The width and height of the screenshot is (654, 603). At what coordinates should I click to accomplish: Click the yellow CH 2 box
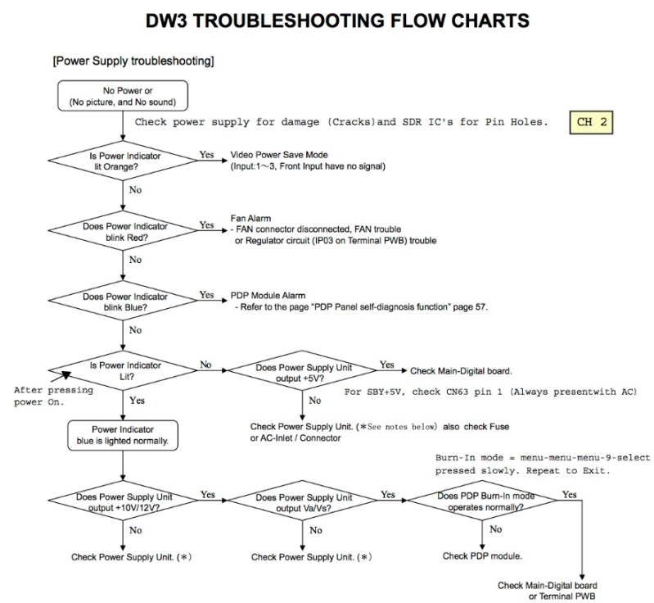point(591,122)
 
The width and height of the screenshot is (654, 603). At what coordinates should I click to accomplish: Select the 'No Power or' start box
point(123,96)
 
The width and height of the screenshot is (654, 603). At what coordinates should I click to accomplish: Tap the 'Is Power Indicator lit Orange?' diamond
point(123,161)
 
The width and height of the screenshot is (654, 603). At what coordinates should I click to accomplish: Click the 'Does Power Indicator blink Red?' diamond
point(123,231)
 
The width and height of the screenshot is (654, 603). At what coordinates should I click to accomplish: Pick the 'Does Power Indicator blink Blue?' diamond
point(123,301)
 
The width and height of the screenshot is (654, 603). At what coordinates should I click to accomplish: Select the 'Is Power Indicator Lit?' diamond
point(123,370)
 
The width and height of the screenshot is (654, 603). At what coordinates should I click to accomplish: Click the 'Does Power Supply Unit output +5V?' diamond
point(302,370)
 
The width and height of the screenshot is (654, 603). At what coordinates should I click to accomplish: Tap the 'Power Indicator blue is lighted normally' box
point(123,435)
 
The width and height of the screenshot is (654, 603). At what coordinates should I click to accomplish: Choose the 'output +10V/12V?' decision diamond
point(123,501)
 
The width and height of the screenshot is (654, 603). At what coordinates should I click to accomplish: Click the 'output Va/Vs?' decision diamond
point(302,501)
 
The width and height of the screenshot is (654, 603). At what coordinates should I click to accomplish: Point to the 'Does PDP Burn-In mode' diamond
point(482,501)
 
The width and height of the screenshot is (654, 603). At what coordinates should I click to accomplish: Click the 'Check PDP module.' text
point(482,556)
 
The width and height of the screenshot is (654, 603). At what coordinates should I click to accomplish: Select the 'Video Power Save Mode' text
point(279,155)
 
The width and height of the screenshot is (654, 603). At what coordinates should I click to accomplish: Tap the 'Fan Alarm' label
point(250,219)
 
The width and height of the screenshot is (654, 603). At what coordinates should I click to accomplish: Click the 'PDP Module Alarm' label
point(268,296)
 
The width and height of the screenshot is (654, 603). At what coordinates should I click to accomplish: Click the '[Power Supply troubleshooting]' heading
point(133,61)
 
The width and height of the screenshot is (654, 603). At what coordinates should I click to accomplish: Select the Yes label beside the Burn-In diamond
point(570,494)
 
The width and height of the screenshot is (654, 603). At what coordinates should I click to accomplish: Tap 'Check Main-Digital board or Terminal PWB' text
point(548,591)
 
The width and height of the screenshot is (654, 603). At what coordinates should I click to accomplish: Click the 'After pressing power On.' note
point(53,396)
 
